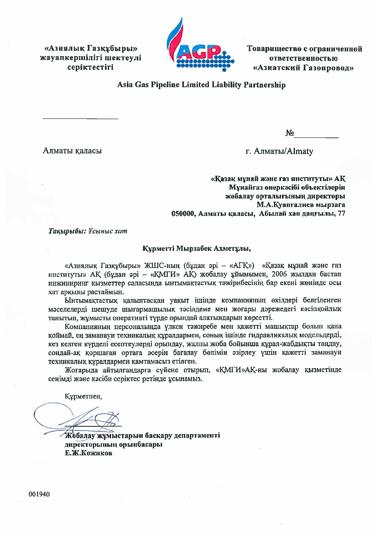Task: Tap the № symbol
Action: pos(290,133)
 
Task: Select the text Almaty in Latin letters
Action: pos(300,151)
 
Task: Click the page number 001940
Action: pos(39,494)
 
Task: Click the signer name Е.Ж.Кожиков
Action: pos(88,453)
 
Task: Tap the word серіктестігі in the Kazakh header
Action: pos(90,67)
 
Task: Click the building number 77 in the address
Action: pos(342,214)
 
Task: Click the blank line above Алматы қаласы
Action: pos(80,119)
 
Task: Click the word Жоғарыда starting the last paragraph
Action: pos(82,370)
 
